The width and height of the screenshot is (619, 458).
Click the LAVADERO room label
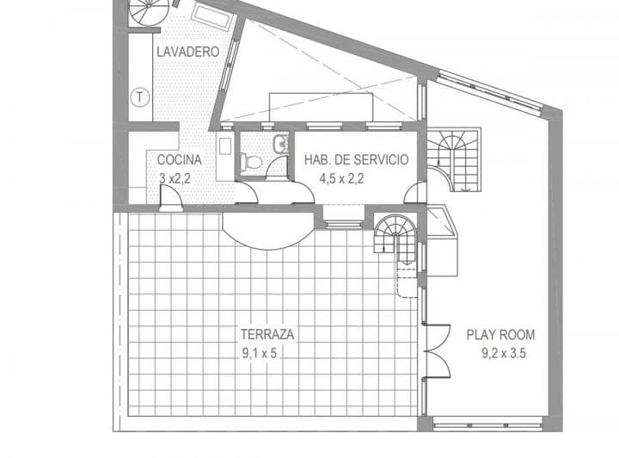point(187,52)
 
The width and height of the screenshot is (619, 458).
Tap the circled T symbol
point(138,96)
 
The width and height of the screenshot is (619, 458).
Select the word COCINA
point(179,159)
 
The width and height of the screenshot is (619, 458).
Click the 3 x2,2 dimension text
point(175,178)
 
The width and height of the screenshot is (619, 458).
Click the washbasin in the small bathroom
point(280,144)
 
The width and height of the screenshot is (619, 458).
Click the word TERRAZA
point(269,333)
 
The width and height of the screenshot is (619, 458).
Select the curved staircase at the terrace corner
point(395,234)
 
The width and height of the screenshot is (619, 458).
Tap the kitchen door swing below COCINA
point(170,199)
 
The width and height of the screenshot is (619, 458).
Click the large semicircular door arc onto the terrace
point(268,230)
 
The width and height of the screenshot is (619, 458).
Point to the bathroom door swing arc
point(277,168)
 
